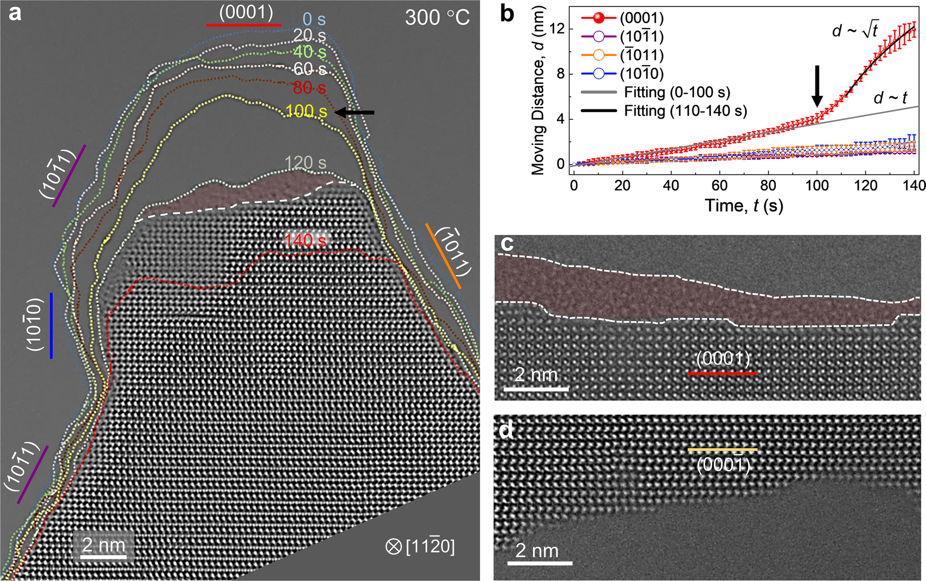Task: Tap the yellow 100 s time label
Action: point(306,112)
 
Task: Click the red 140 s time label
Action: point(305,241)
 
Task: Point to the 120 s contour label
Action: point(305,163)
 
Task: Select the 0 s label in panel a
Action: point(314,20)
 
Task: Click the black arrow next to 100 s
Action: point(355,112)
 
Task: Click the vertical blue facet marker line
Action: point(51,325)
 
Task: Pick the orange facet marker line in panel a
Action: point(443,256)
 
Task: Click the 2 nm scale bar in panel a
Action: point(104,556)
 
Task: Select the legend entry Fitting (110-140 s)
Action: point(685,111)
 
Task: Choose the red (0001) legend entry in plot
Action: point(641,18)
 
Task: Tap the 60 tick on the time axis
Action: point(719,185)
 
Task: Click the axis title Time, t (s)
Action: point(744,205)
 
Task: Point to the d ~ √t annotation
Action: point(855,31)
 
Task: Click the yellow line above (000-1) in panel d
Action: point(722,450)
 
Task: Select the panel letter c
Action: point(507,244)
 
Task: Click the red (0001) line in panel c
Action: point(722,374)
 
